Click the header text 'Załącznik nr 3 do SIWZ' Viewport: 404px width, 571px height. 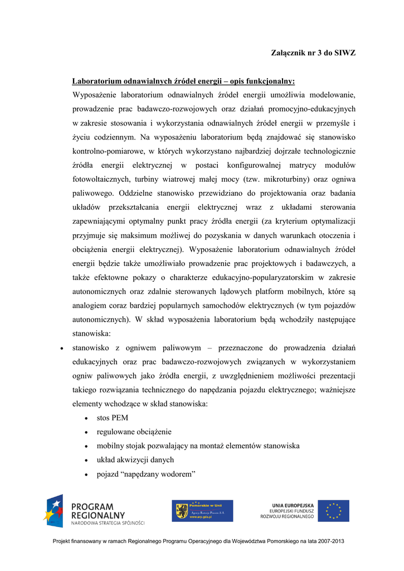pos(313,53)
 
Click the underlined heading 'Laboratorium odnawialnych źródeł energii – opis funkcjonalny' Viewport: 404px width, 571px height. pos(183,81)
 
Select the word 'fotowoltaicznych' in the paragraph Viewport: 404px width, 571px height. pos(100,180)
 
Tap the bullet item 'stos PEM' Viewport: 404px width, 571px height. pos(113,418)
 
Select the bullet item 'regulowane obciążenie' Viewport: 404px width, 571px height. pos(134,432)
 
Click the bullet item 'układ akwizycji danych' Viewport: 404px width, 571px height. pos(135,460)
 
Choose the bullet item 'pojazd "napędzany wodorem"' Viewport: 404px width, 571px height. pos(146,474)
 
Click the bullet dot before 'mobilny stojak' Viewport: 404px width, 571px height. pos(86,446)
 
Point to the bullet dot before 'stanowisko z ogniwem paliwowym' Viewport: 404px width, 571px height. pos(61,348)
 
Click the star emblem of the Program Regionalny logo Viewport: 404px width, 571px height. pos(54,511)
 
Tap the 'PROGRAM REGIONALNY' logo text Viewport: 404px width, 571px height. pos(99,511)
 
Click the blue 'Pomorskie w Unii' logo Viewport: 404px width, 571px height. pos(202,511)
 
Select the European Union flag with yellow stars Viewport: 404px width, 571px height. pos(334,511)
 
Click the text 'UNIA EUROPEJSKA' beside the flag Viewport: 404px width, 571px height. pos(293,505)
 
